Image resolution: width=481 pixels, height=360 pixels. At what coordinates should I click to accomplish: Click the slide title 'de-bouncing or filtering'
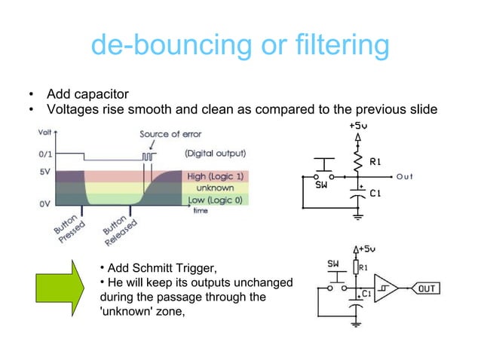pos(240,45)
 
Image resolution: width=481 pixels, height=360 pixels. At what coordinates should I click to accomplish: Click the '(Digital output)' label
pos(216,153)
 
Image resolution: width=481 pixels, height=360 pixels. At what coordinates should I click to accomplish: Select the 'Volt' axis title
pos(45,133)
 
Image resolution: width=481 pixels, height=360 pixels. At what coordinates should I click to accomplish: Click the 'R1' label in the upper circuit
pos(376,162)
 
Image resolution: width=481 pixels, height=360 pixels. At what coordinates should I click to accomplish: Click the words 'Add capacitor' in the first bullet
pos(87,94)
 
